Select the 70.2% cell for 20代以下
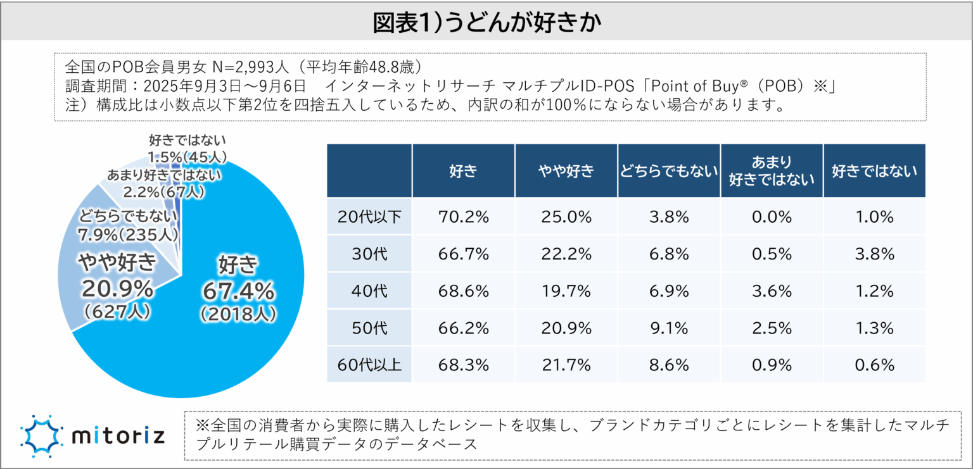463,217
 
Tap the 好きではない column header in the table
874,171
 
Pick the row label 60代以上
369,365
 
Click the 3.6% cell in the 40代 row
772,291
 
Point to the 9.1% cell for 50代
668,328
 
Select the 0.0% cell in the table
772,217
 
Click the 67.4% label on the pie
238,291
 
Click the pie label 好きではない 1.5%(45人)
188,148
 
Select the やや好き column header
566,171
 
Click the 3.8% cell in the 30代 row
874,254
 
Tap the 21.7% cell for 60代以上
566,365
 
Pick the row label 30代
369,254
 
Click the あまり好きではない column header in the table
772,171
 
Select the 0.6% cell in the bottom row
874,365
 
